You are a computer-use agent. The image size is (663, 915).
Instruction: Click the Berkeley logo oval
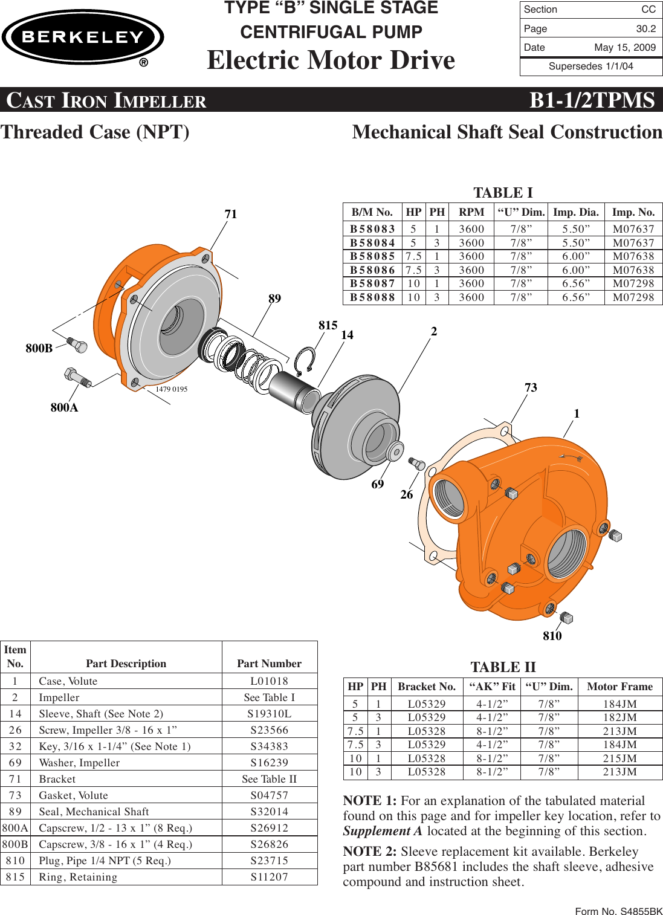click(83, 37)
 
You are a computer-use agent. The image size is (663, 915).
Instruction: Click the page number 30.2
click(645, 28)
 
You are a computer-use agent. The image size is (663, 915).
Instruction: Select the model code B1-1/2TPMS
click(592, 100)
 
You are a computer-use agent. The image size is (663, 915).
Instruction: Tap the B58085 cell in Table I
click(372, 256)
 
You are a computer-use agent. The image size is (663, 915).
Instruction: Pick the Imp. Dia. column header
click(575, 212)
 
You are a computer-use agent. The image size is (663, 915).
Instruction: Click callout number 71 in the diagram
click(231, 214)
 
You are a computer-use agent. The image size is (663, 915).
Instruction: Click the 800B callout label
click(39, 348)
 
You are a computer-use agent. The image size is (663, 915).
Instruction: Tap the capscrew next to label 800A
click(77, 377)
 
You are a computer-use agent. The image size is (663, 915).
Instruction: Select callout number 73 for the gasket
click(531, 387)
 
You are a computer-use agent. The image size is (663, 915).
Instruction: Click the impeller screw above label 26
click(417, 464)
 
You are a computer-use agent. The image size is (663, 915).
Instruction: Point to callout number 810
click(552, 636)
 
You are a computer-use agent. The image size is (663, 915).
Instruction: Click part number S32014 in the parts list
click(269, 812)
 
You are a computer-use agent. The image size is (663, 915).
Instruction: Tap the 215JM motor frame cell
click(619, 758)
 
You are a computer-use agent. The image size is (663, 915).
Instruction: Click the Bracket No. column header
click(427, 687)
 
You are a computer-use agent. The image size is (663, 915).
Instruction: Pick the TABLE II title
click(503, 667)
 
